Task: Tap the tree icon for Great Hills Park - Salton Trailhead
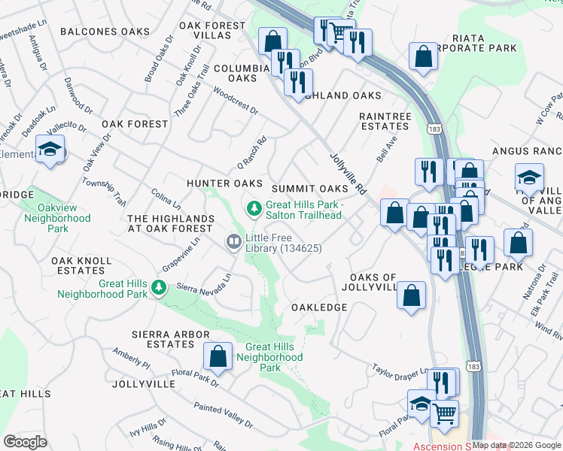[x=254, y=207]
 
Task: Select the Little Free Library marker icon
[x=233, y=241]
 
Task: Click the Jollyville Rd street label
[x=348, y=172]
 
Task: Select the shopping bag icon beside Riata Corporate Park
[x=423, y=56]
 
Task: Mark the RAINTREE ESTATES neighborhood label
[x=385, y=122]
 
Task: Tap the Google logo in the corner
[x=26, y=442]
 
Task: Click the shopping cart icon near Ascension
[x=444, y=413]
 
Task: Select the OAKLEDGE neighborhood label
[x=319, y=307]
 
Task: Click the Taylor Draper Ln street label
[x=400, y=372]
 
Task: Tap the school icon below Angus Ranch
[x=529, y=179]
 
